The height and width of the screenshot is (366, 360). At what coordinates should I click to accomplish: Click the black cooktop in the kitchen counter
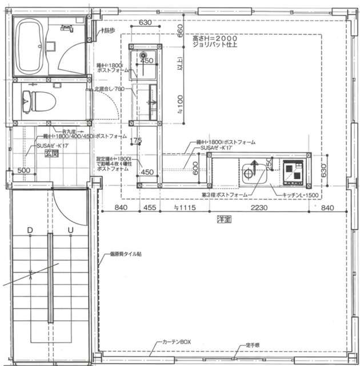pyautogui.click(x=294, y=170)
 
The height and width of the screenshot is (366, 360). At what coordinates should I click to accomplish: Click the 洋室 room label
pyautogui.click(x=224, y=218)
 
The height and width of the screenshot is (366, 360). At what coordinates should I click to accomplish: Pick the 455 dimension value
pyautogui.click(x=150, y=208)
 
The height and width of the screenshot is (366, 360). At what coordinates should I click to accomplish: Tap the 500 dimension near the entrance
pyautogui.click(x=23, y=170)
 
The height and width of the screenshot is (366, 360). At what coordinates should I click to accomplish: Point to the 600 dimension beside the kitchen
pyautogui.click(x=195, y=168)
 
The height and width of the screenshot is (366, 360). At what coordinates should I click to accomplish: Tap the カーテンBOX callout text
pyautogui.click(x=177, y=341)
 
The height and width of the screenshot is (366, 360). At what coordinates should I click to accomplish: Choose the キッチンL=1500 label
pyautogui.click(x=299, y=195)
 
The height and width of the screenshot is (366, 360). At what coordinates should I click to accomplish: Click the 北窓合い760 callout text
pyautogui.click(x=111, y=89)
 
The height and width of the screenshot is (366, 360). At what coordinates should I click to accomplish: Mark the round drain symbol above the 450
pyautogui.click(x=143, y=55)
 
